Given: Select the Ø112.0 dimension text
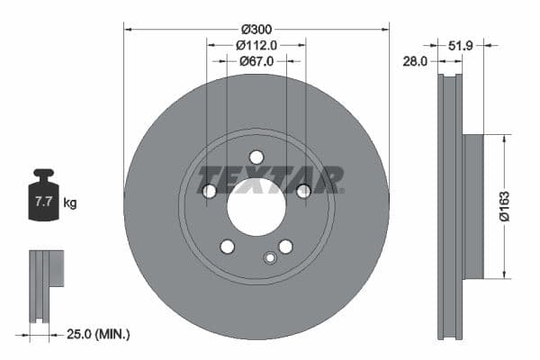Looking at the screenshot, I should coord(256,44).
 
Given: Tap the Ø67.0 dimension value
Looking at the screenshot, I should coord(256,61).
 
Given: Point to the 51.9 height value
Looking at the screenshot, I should coord(461,44).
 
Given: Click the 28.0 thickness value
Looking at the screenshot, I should coord(416,61).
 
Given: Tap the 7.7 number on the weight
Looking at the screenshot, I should coord(42,202).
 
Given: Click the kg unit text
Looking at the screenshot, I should coord(70,202).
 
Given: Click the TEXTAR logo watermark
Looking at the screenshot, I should coord(270,179).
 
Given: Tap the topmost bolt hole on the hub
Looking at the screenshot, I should coord(256,157).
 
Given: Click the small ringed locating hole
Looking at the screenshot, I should coord(269,258).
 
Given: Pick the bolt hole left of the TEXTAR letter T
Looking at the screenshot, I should coord(209,191).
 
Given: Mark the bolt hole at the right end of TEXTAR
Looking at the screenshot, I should coord(303,190).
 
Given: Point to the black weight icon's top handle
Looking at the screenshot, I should coord(42,173).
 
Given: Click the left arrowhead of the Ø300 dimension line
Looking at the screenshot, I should coord(127,29).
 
